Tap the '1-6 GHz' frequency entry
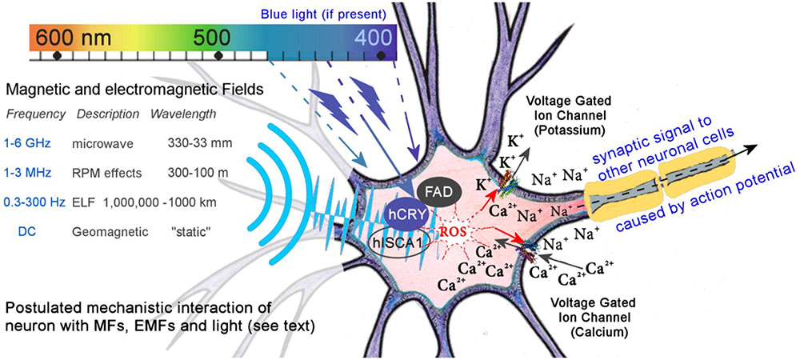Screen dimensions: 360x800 click(x=28, y=144)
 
